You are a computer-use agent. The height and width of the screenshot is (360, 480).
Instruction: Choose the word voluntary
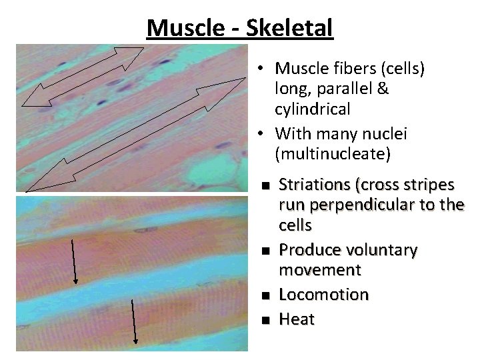pos(381,250)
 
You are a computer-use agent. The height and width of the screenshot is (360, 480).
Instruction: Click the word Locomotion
pos(323,294)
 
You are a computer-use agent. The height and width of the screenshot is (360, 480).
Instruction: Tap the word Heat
pos(296,319)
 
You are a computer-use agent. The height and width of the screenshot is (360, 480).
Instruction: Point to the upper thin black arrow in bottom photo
pos(73,260)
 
